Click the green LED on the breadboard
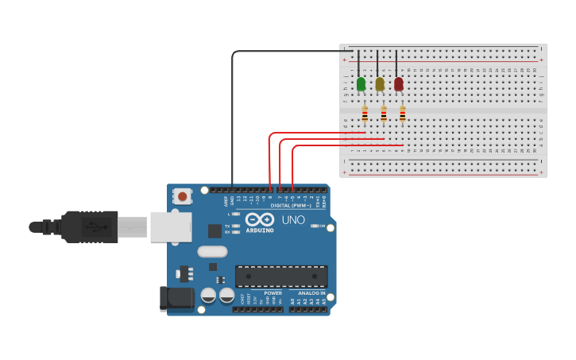click(x=361, y=83)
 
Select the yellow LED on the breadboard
click(x=380, y=83)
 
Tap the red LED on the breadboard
click(x=399, y=83)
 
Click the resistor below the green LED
click(x=365, y=114)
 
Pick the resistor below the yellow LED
click(x=384, y=114)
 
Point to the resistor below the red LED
click(x=403, y=114)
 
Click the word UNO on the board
click(x=292, y=219)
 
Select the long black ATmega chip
click(x=281, y=277)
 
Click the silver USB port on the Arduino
click(x=171, y=226)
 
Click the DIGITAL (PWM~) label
click(x=290, y=205)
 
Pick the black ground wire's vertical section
click(x=232, y=119)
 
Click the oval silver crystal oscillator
click(x=212, y=252)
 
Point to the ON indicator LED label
click(x=322, y=226)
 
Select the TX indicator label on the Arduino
click(x=228, y=226)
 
